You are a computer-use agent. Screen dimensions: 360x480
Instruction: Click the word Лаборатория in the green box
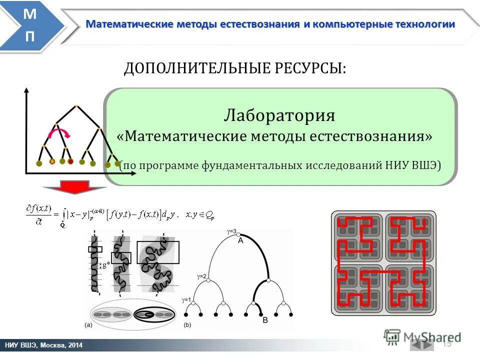(x=279, y=115)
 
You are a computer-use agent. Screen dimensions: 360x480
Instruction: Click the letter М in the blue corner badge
(x=29, y=15)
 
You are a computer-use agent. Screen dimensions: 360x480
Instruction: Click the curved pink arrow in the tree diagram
(x=59, y=133)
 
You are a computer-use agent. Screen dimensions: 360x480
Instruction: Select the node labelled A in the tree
(x=240, y=239)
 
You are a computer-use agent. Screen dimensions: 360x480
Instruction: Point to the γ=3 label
(x=231, y=231)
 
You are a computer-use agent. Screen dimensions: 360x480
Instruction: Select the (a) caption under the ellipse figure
(x=87, y=325)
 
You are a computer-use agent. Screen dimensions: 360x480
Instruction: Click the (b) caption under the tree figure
(x=187, y=325)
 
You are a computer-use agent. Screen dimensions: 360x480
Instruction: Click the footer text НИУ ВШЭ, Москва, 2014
(x=44, y=345)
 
